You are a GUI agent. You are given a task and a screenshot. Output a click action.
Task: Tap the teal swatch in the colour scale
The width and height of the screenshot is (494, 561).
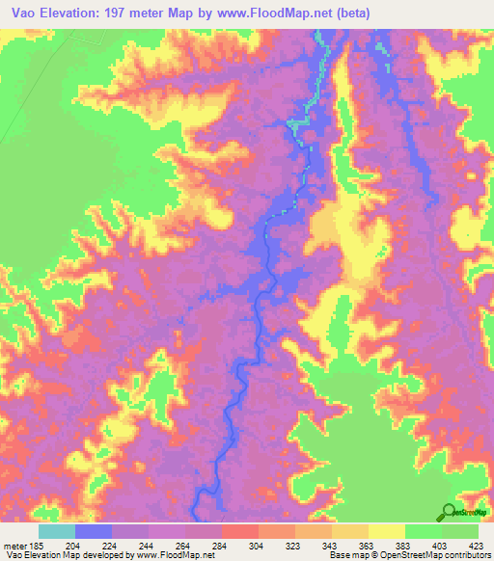click(57, 531)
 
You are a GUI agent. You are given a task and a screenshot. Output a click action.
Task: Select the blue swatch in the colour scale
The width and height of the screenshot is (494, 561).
click(94, 531)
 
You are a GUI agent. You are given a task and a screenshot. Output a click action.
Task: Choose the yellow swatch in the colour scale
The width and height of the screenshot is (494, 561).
click(387, 531)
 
